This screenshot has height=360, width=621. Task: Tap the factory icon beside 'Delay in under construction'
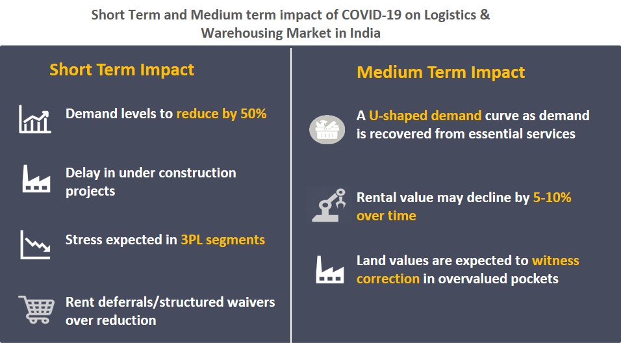pyautogui.click(x=36, y=179)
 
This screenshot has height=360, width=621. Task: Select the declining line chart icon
pyautogui.click(x=35, y=244)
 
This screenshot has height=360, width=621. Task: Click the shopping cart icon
pyautogui.click(x=36, y=309)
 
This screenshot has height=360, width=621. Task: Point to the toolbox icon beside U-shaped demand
pyautogui.click(x=327, y=129)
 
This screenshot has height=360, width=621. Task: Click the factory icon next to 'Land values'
pyautogui.click(x=329, y=269)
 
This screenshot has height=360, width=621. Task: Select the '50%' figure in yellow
pyautogui.click(x=253, y=113)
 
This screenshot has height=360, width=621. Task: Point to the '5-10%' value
pyautogui.click(x=551, y=198)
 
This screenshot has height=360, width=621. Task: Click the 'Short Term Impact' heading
pyautogui.click(x=121, y=70)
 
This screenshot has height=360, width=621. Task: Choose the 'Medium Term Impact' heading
pyautogui.click(x=440, y=72)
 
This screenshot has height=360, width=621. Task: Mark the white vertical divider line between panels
pyautogui.click(x=291, y=195)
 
